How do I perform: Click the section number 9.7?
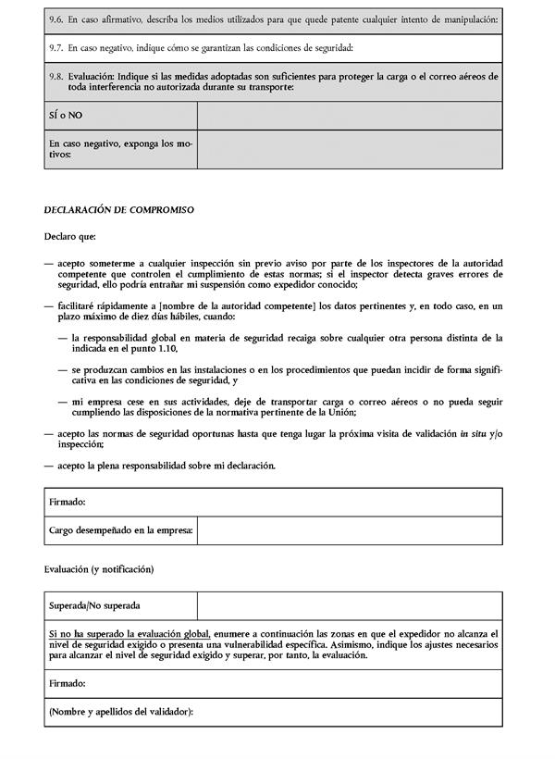tap(55, 47)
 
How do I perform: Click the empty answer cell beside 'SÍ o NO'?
tap(350, 116)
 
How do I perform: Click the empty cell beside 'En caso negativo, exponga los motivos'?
tap(350, 149)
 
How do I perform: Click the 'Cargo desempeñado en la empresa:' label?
tap(121, 530)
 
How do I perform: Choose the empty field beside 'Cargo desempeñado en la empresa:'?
tap(350, 530)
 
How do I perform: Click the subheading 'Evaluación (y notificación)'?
tap(98, 567)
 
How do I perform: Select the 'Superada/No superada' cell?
tap(94, 606)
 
